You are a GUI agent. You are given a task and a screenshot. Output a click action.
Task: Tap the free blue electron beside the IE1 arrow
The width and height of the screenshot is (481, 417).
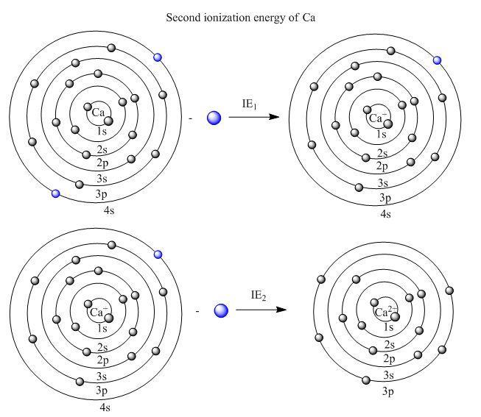(214, 118)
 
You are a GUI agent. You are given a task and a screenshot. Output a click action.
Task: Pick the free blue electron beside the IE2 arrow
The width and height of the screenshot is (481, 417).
(221, 310)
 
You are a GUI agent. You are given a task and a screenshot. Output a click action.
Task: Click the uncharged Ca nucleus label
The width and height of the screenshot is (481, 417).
(99, 112)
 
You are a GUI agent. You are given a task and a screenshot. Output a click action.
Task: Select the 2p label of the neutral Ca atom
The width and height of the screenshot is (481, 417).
(102, 162)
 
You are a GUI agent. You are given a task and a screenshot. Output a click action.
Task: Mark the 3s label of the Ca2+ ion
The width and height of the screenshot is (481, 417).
(387, 376)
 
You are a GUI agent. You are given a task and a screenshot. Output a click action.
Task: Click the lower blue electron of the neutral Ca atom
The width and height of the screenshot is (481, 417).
(55, 193)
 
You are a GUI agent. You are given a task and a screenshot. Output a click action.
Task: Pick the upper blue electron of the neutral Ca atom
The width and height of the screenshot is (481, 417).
(156, 57)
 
